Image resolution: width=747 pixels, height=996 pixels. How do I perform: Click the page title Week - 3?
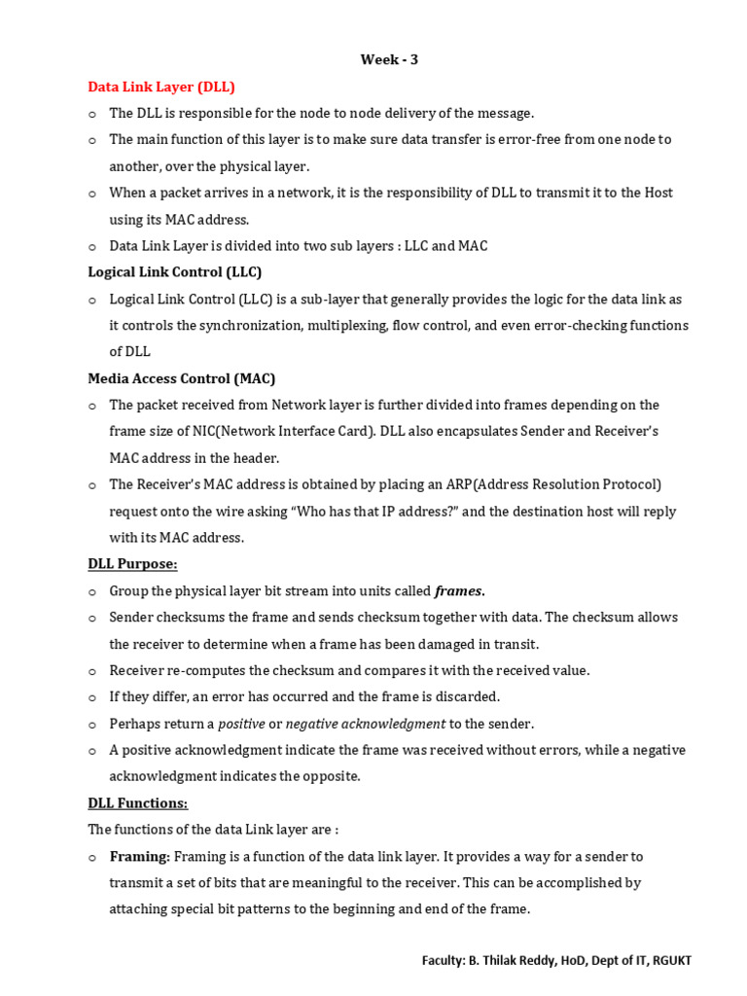(x=389, y=59)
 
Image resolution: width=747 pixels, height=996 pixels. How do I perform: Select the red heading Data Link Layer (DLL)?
(x=161, y=87)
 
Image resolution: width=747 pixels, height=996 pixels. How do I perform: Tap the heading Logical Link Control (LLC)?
(x=175, y=272)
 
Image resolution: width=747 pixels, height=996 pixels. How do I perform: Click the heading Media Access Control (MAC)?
(x=182, y=378)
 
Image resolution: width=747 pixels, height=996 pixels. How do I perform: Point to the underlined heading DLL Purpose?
(x=132, y=564)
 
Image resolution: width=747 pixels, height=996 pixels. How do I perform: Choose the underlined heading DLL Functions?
(x=137, y=803)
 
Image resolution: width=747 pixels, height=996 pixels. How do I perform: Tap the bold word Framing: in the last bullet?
(x=140, y=857)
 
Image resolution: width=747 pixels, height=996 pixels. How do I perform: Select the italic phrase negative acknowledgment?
(x=365, y=724)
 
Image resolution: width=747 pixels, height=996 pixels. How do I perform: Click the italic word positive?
(x=241, y=724)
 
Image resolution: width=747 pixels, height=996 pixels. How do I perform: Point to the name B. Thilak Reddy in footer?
(x=518, y=960)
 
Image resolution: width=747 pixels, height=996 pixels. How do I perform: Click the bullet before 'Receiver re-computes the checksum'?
(x=92, y=671)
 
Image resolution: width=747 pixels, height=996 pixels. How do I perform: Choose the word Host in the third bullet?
(x=658, y=193)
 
